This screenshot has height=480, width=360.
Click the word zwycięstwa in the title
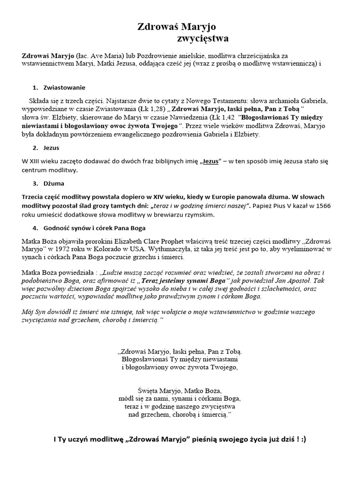coord(203,38)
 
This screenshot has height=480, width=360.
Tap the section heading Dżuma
coord(53,183)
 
